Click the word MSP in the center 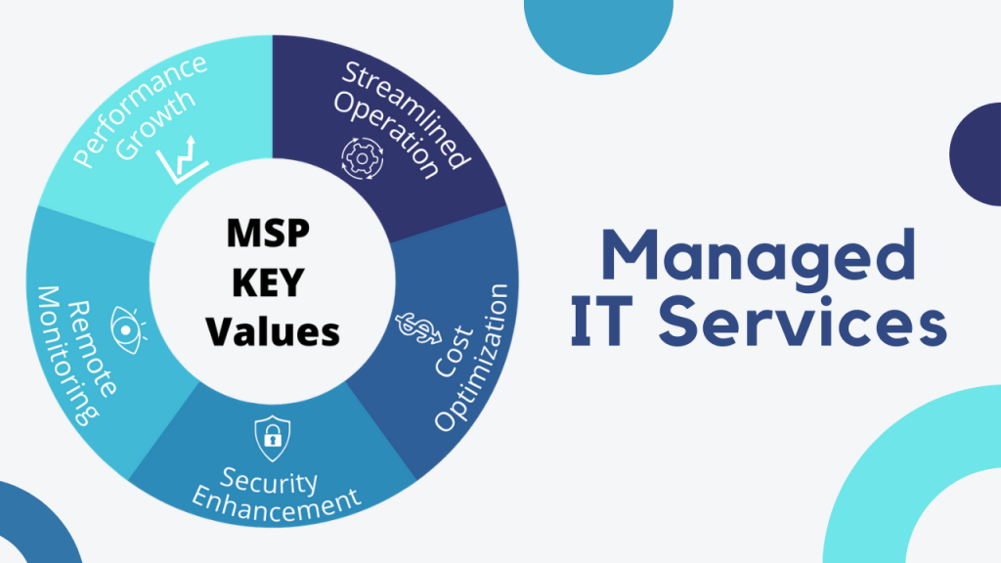click(x=268, y=233)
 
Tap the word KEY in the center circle click(x=268, y=282)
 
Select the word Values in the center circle click(x=273, y=332)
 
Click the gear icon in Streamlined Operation click(x=362, y=158)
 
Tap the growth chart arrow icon click(x=183, y=159)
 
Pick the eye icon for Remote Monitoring click(x=128, y=330)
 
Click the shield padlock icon click(x=273, y=439)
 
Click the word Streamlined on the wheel click(x=407, y=115)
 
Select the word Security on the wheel click(x=269, y=481)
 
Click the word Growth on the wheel click(x=155, y=125)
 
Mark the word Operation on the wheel click(x=387, y=135)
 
